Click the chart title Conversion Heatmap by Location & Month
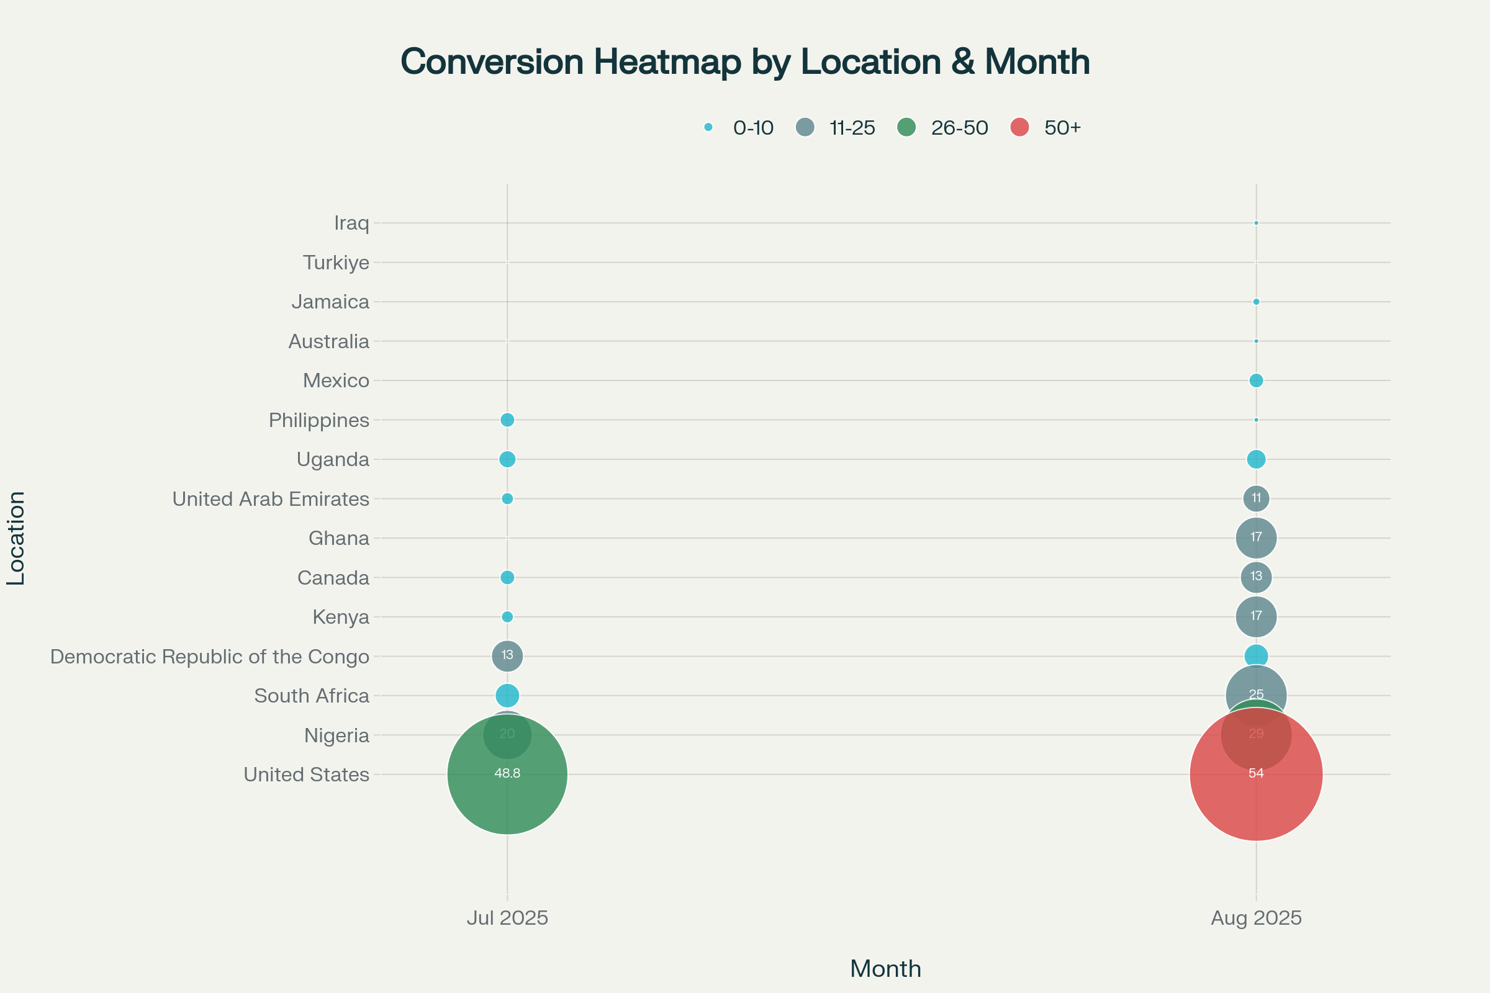pos(745,62)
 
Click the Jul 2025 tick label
pos(507,918)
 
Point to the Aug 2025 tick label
pos(1255,918)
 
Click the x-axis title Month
pos(885,969)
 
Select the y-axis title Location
pos(16,537)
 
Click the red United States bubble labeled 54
pos(1255,798)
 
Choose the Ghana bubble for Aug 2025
pos(1255,537)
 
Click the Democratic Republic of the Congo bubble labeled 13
pos(507,655)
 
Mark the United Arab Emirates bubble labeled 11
pos(1255,498)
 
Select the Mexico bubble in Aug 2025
pos(1255,380)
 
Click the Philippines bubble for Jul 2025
pos(507,420)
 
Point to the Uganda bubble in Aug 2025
pos(1255,459)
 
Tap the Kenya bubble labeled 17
pos(1255,616)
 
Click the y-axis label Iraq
pos(351,223)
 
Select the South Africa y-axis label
pos(311,695)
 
